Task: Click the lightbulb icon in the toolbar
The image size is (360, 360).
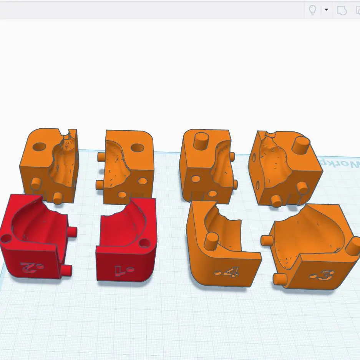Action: coord(313,10)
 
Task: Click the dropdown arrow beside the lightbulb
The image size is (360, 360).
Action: coord(326,10)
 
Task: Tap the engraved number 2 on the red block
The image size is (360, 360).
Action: coord(28,265)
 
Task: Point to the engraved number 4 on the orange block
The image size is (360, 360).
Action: coord(227,272)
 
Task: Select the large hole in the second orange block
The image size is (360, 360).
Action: coord(137,148)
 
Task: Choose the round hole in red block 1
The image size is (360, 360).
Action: coord(144,243)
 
